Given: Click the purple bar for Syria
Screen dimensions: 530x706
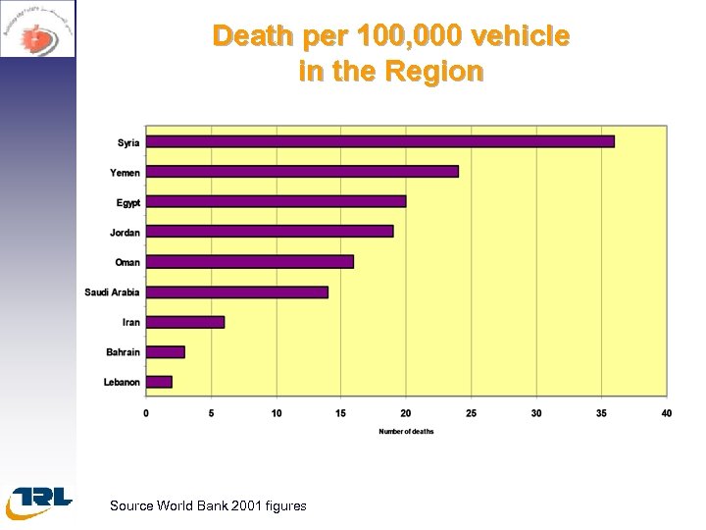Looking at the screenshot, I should (379, 141).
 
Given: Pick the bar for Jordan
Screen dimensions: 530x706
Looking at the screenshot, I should (270, 232).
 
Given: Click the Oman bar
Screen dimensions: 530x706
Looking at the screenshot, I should (249, 262).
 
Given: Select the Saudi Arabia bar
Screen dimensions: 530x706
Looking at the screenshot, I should (236, 291).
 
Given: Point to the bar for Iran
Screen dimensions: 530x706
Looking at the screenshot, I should (185, 322).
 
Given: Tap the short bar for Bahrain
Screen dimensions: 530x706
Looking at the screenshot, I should (166, 351).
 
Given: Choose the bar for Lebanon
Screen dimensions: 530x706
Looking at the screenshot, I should (159, 382).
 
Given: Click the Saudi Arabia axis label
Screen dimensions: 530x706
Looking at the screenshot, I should (112, 292).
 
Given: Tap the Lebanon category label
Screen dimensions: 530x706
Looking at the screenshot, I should (122, 382).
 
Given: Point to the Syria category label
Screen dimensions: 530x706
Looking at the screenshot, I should (128, 142).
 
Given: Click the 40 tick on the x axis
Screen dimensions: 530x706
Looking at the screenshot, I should (666, 413).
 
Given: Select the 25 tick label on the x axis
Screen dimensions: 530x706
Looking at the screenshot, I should (471, 413).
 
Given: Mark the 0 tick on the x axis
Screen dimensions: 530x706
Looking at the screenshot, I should (146, 413).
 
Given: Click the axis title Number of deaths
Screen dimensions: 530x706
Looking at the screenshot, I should (406, 432).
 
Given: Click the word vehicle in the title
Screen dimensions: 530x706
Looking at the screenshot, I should (521, 36).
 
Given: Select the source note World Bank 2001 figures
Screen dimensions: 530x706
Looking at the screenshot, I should (208, 505).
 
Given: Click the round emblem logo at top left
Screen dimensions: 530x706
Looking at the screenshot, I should (37, 29).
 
